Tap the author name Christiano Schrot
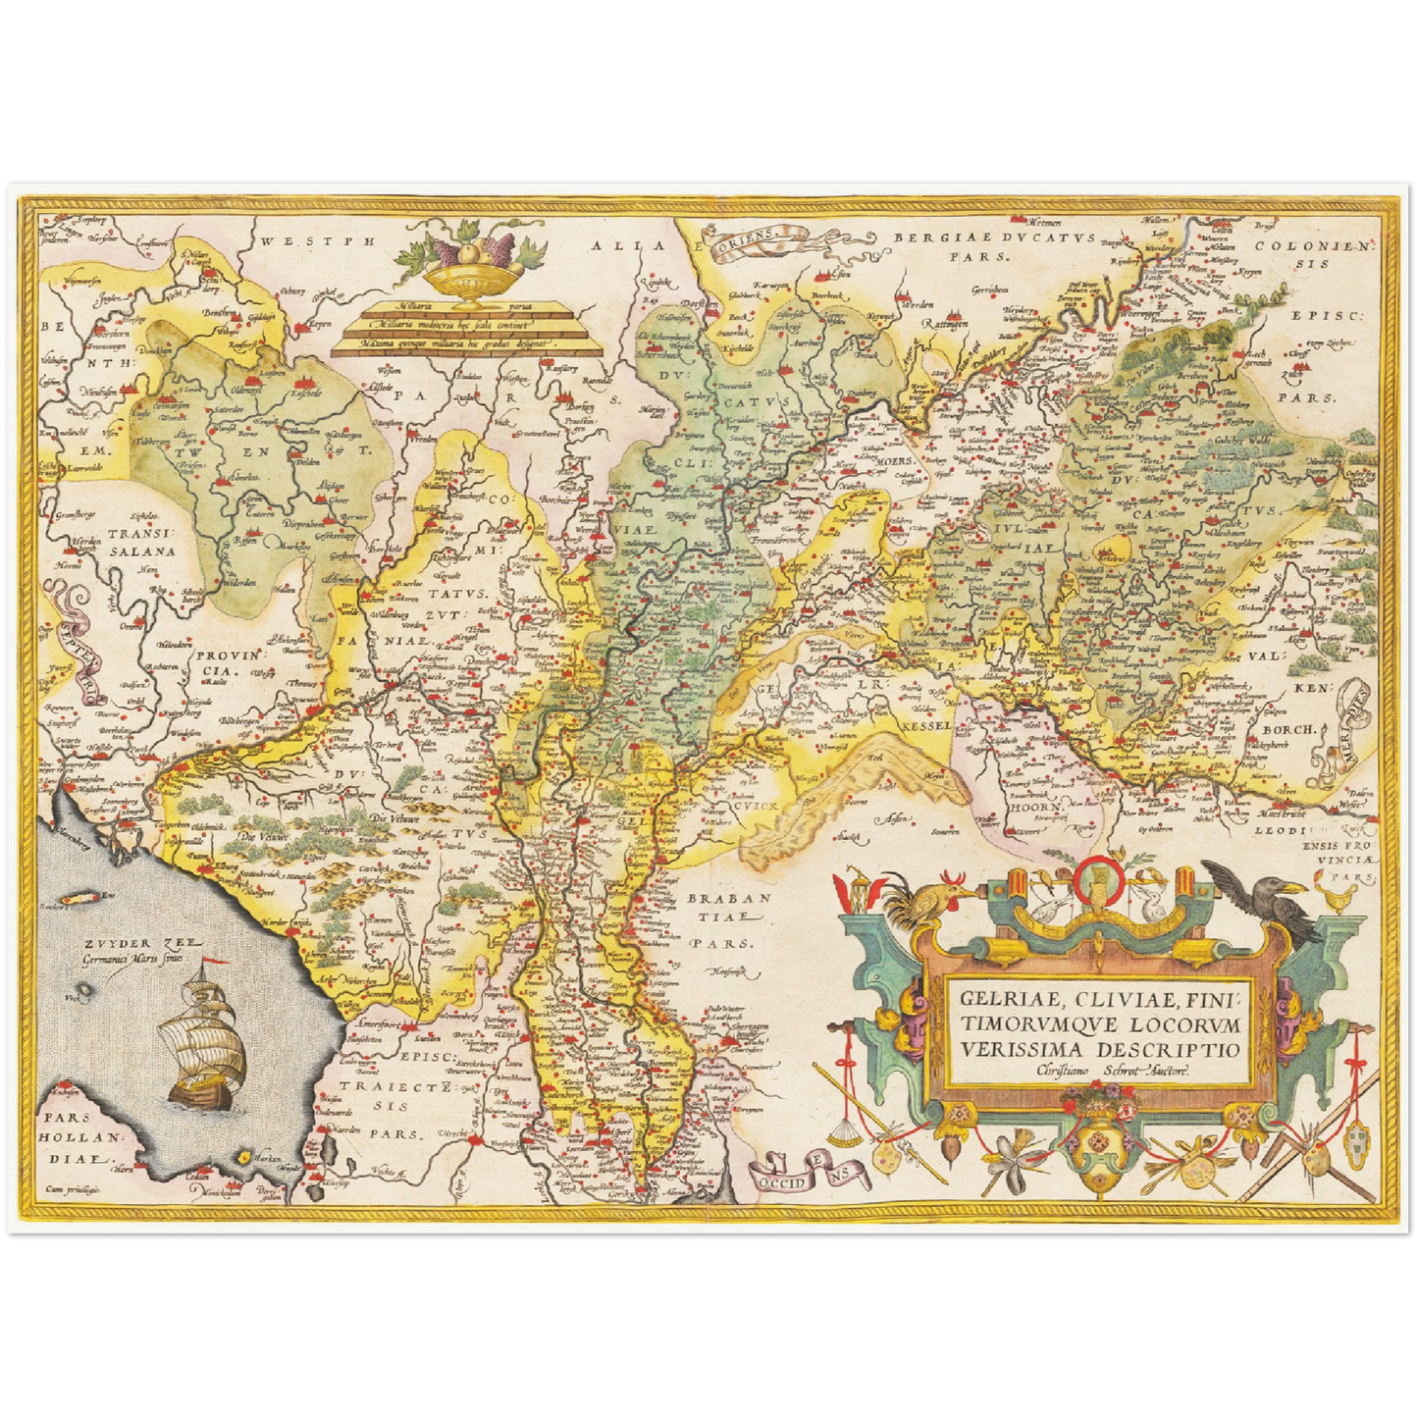pyautogui.click(x=1109, y=1072)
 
